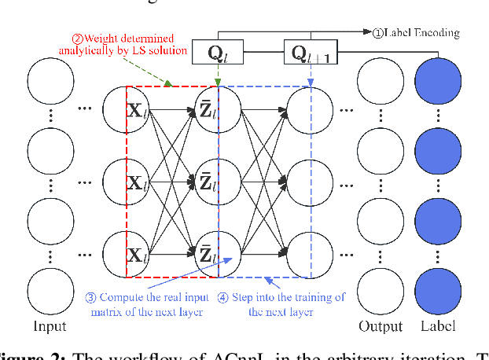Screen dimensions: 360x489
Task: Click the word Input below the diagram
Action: [50, 326]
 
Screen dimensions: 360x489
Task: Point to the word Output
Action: [381, 326]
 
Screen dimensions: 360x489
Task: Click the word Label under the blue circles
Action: [438, 326]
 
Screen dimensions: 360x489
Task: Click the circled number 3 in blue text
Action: [91, 297]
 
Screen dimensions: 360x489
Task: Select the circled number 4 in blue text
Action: [223, 297]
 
